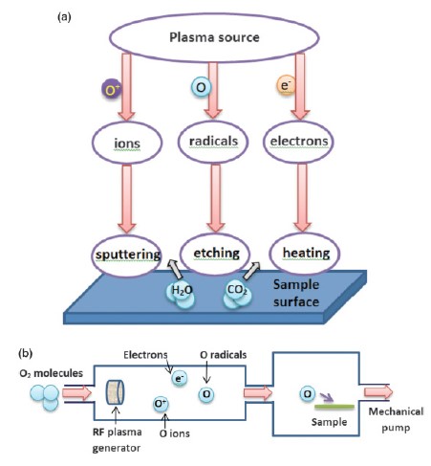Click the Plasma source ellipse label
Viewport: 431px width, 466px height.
[214, 37]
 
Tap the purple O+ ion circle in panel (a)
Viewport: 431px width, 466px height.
[111, 88]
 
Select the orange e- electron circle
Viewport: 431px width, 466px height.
[286, 85]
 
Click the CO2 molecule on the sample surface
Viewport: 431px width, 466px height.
[237, 295]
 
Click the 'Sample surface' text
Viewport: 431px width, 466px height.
[296, 293]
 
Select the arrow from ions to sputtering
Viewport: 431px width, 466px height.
[127, 198]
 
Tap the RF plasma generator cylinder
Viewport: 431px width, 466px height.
[115, 392]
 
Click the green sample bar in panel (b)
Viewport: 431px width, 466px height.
[334, 407]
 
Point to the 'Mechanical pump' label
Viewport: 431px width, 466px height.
[396, 419]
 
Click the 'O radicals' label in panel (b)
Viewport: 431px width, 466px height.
[224, 355]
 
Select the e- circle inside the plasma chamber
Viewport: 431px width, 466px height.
[180, 378]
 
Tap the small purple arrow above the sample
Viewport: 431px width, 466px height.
[327, 397]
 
